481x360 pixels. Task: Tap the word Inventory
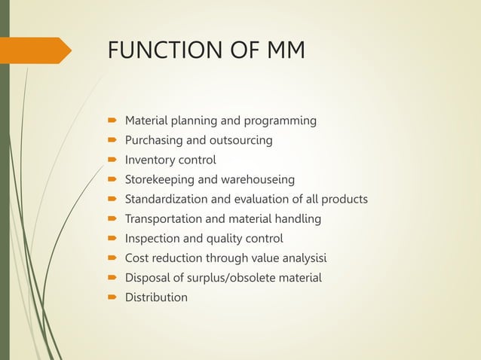pyautogui.click(x=149, y=160)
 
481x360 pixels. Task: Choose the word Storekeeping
pyautogui.click(x=160, y=179)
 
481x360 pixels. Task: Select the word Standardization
pyautogui.click(x=166, y=199)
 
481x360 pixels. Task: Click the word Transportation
pyautogui.click(x=163, y=218)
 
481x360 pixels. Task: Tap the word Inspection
pyautogui.click(x=152, y=238)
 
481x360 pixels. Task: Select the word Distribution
pyautogui.click(x=156, y=297)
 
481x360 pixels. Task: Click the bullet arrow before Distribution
pyautogui.click(x=111, y=297)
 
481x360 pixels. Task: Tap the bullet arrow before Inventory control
pyautogui.click(x=111, y=160)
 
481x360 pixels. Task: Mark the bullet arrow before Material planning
pyautogui.click(x=111, y=121)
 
